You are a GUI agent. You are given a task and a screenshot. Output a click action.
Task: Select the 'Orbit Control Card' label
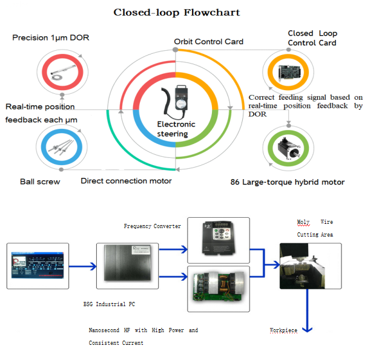point(208,42)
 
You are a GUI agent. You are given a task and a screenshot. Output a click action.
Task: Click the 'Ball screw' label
point(40,182)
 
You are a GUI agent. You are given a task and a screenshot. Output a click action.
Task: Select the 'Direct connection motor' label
point(126,181)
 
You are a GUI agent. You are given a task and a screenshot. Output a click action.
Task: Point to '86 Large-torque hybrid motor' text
point(288,182)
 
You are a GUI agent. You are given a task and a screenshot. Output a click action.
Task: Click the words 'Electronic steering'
point(176,129)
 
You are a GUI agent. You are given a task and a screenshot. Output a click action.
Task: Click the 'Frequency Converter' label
point(152,226)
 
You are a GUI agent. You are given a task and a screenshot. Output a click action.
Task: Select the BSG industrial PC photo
point(127,266)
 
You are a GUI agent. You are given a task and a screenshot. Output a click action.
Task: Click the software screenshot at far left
point(38,266)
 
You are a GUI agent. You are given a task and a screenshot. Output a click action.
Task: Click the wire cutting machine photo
point(310,266)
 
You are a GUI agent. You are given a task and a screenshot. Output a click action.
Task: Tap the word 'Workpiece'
point(283,330)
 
